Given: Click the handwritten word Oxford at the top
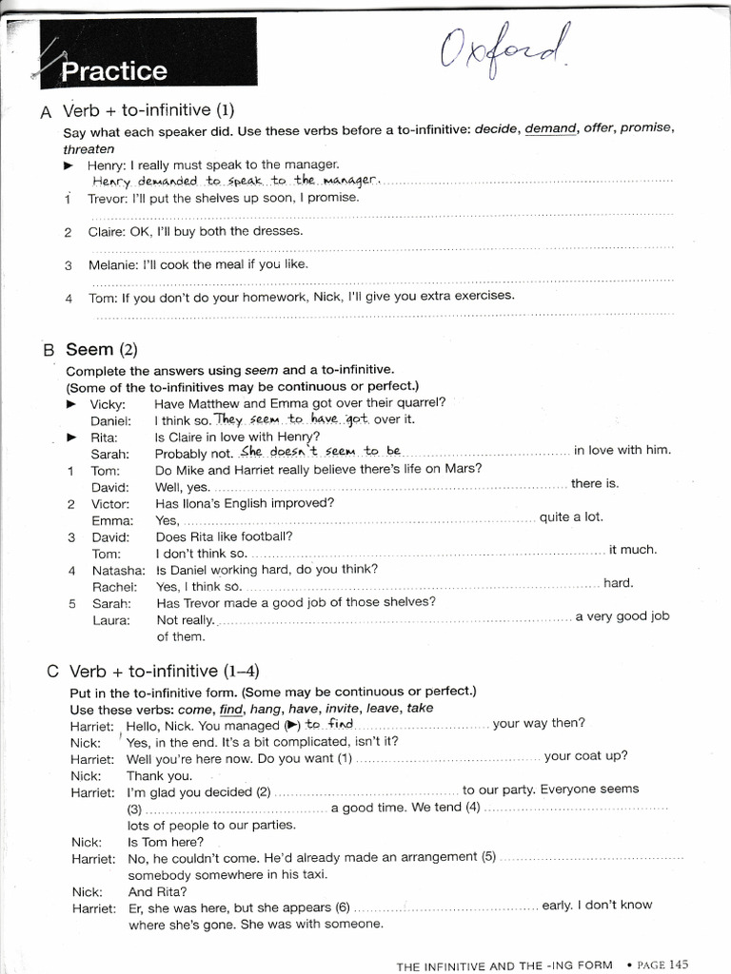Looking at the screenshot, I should click(506, 50).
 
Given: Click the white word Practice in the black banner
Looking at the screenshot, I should click(113, 71).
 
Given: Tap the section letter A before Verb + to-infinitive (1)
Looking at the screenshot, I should click(46, 112).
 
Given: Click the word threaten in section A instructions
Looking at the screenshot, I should click(89, 148).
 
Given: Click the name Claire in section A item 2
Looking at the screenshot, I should click(107, 231).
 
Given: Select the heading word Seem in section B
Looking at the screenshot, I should click(89, 349).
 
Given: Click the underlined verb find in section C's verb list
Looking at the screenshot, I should click(231, 709).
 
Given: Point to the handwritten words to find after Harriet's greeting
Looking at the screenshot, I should click(328, 725).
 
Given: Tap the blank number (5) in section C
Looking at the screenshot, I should click(489, 856).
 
